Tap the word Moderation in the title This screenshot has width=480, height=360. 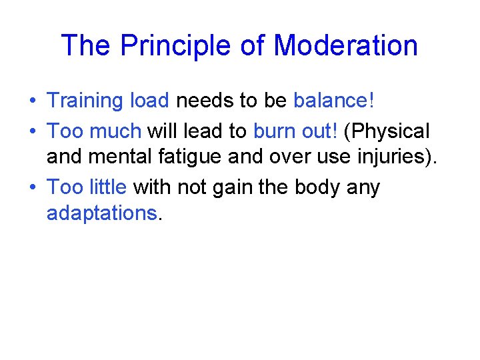(x=345, y=45)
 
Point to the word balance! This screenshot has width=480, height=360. (x=335, y=101)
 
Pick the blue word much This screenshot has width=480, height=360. (x=117, y=131)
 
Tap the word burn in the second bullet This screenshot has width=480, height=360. (x=274, y=131)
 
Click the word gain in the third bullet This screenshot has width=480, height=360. (x=225, y=187)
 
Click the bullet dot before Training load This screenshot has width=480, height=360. (x=32, y=101)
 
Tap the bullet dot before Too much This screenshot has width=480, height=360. (x=32, y=131)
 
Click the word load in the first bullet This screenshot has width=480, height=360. (x=149, y=101)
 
